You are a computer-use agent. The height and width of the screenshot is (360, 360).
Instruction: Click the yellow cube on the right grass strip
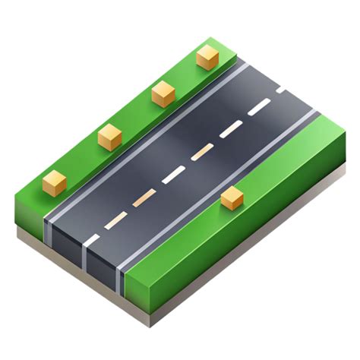[x=232, y=199]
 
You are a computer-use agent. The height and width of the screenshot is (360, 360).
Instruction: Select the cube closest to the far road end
[x=207, y=58]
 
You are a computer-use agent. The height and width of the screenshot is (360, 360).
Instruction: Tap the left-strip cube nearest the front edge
[x=55, y=182]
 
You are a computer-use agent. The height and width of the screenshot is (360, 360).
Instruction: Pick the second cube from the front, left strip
[x=110, y=137]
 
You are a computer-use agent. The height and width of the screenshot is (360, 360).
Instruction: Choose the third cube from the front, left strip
[x=163, y=94]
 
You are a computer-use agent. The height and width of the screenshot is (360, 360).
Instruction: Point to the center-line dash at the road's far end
[x=283, y=90]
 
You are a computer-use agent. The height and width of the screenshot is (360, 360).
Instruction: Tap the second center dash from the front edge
[x=115, y=220]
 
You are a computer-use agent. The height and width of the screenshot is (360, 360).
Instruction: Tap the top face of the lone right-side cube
[x=231, y=194]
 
